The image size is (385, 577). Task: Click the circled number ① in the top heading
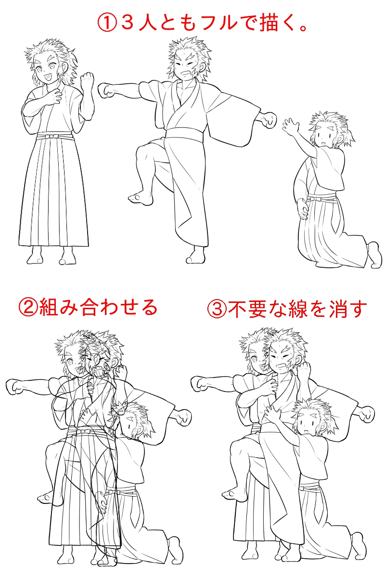click(106, 23)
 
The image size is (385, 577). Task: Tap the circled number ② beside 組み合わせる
click(28, 308)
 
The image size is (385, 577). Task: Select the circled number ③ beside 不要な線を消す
click(217, 309)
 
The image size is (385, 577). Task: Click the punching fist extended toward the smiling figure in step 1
click(106, 90)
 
